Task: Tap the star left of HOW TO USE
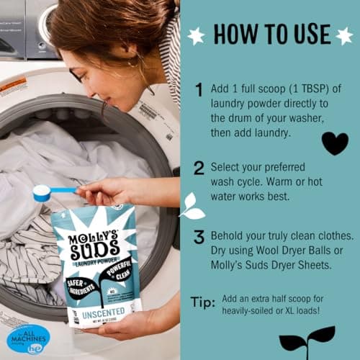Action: point(192,34)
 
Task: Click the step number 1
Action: point(199,89)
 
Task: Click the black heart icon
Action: point(334,142)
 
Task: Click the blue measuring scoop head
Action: point(42,192)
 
